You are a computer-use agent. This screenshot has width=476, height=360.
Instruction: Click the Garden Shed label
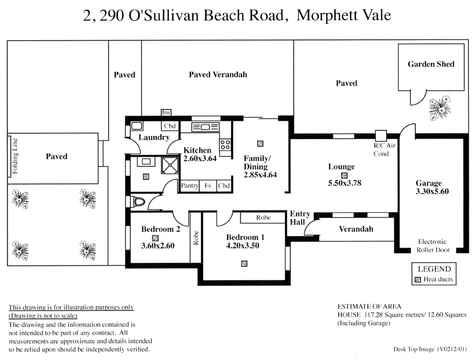[x=431, y=64]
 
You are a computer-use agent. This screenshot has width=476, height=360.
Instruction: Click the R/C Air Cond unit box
[x=381, y=135]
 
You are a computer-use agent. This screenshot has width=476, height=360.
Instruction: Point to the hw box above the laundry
[x=166, y=113]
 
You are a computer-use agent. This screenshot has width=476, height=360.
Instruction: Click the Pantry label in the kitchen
[x=189, y=186]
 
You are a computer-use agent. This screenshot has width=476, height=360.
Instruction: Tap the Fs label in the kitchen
[x=208, y=186]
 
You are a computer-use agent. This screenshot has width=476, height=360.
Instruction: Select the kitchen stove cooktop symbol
[x=225, y=145]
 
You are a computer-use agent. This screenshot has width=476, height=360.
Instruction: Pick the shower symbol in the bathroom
[x=169, y=166]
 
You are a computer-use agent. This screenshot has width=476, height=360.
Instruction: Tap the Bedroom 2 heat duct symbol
[x=155, y=237]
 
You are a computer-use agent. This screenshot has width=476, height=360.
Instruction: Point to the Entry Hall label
[x=300, y=218]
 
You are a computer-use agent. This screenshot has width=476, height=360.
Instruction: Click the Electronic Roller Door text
[x=432, y=246]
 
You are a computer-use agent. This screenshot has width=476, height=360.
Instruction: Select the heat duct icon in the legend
[x=418, y=280]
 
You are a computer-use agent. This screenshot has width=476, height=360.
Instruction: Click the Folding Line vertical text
[x=16, y=156]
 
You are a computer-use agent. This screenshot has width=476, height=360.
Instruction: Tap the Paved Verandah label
[x=218, y=75]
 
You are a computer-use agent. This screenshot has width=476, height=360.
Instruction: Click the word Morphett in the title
[x=326, y=15]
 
